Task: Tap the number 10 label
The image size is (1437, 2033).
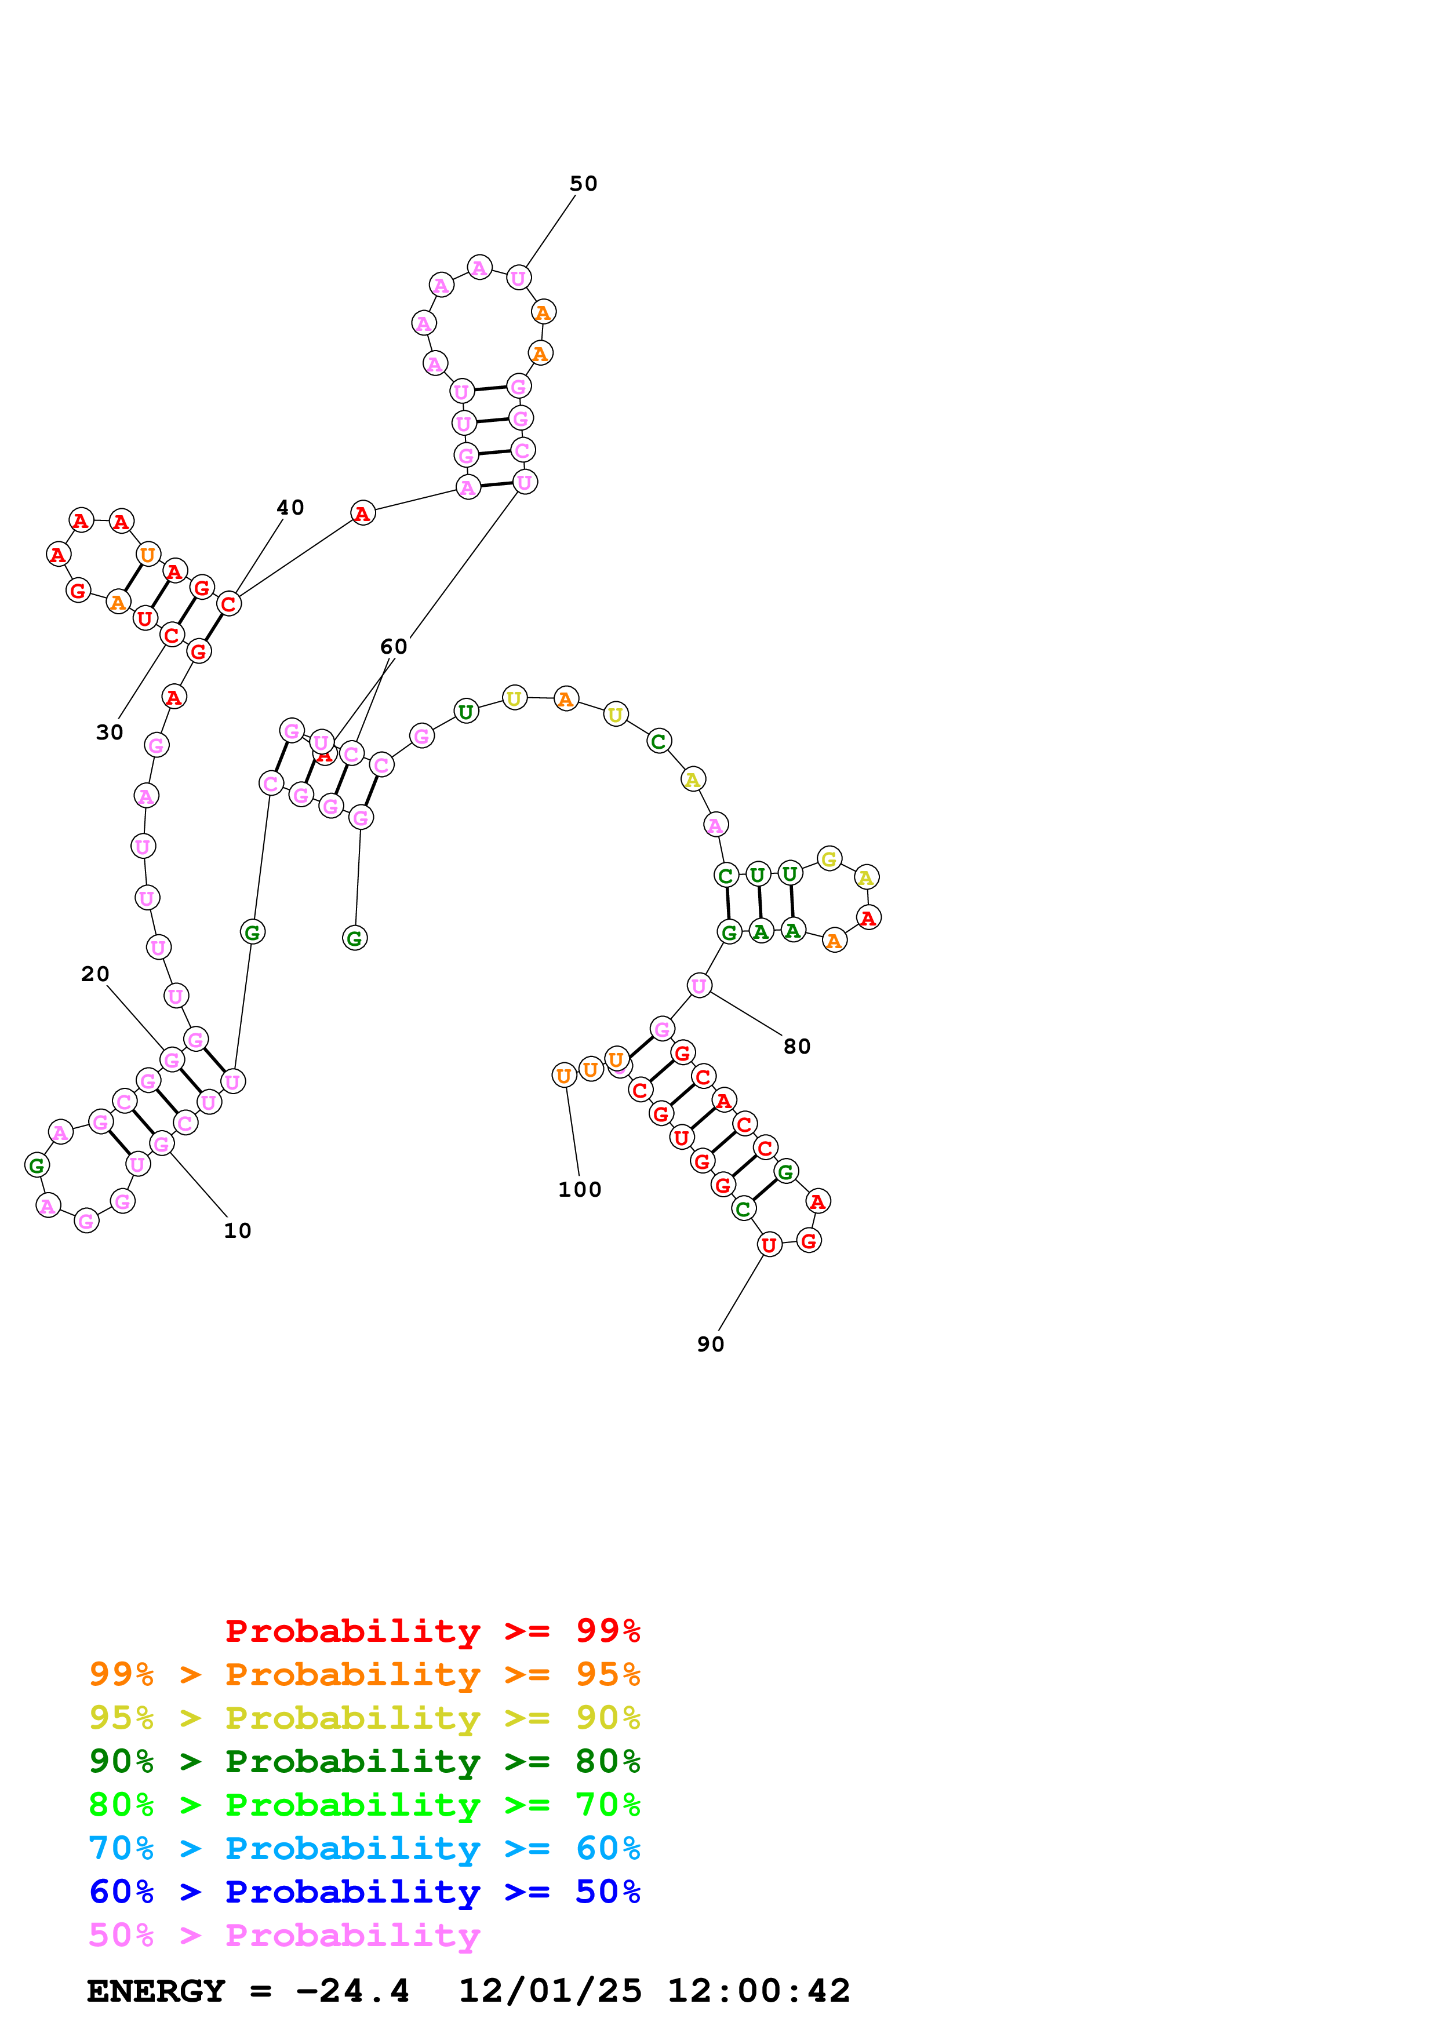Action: (x=237, y=1231)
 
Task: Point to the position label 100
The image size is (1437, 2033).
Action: (x=579, y=1189)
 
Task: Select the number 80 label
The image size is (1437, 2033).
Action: (x=797, y=1047)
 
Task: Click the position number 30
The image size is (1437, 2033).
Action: (x=110, y=733)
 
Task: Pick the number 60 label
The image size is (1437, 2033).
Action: (x=394, y=647)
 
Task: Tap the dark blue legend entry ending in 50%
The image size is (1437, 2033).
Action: (x=364, y=1892)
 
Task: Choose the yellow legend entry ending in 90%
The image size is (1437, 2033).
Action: (x=364, y=1718)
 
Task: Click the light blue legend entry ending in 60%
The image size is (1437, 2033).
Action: (x=364, y=1848)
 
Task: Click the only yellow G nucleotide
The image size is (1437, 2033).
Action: (x=829, y=858)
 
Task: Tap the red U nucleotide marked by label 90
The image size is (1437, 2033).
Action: (x=769, y=1244)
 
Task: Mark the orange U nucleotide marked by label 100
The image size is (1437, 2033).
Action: (x=564, y=1075)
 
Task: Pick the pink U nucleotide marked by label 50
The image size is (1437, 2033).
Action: (x=518, y=278)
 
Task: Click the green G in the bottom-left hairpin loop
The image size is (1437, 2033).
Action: (x=37, y=1165)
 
